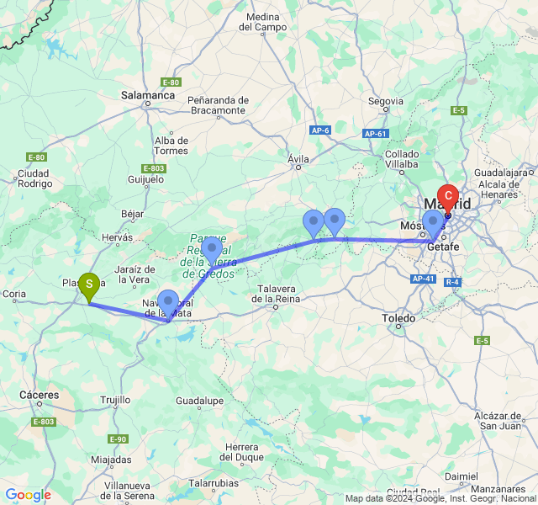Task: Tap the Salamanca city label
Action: pyautogui.click(x=147, y=96)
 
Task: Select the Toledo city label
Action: pyautogui.click(x=398, y=319)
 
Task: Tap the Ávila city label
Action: pyautogui.click(x=298, y=159)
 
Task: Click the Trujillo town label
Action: pyautogui.click(x=115, y=400)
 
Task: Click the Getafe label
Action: pyautogui.click(x=442, y=247)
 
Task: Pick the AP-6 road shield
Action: pyautogui.click(x=319, y=130)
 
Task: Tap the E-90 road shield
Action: pyautogui.click(x=118, y=439)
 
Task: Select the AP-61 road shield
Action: pyautogui.click(x=375, y=134)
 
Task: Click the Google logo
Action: pyautogui.click(x=28, y=495)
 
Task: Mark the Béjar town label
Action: pyautogui.click(x=133, y=215)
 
